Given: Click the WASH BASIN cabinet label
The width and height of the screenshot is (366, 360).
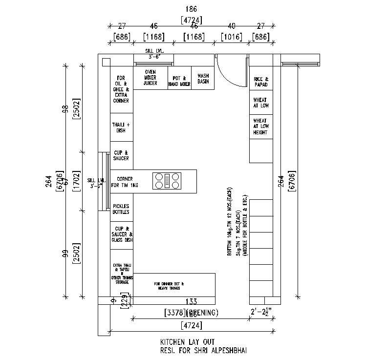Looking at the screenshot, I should [x=203, y=79].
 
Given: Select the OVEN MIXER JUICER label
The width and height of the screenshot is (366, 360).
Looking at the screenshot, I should [x=151, y=78].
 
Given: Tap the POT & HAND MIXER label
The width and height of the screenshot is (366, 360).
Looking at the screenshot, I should [x=179, y=81].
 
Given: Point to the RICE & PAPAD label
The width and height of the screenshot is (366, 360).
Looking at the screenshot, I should [x=260, y=82].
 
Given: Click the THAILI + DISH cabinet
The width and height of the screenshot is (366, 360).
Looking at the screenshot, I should [x=121, y=127].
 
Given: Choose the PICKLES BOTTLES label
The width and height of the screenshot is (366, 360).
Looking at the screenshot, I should [x=121, y=209].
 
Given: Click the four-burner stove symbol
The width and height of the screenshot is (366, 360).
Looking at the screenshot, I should [x=167, y=181].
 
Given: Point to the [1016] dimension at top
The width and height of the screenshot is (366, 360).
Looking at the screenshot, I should [x=232, y=37].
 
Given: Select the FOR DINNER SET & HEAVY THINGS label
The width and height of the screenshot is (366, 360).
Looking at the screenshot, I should [x=169, y=286].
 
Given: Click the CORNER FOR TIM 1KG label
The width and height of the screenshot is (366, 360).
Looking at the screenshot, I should [x=125, y=182].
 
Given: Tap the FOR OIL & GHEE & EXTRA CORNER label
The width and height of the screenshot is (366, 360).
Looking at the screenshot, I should [x=121, y=89].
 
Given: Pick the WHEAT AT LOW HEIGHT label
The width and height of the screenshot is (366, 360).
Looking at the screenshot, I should [x=260, y=127].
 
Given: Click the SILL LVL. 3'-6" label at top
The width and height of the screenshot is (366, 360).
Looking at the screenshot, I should [x=154, y=54].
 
